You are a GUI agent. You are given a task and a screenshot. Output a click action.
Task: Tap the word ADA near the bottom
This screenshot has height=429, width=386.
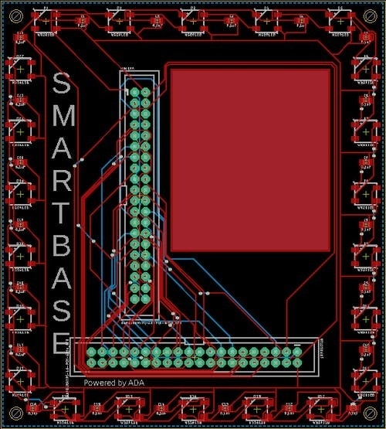[136, 383]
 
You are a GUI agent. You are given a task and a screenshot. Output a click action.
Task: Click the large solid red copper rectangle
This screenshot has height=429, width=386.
[250, 159]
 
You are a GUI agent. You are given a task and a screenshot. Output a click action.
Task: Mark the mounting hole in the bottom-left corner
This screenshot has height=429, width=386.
[14, 412]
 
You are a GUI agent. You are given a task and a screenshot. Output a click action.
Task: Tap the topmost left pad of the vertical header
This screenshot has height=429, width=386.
[134, 93]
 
